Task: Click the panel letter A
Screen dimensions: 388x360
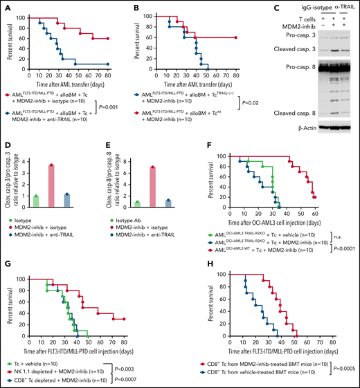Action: (x=7, y=6)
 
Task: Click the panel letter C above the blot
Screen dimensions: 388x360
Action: (x=244, y=6)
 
